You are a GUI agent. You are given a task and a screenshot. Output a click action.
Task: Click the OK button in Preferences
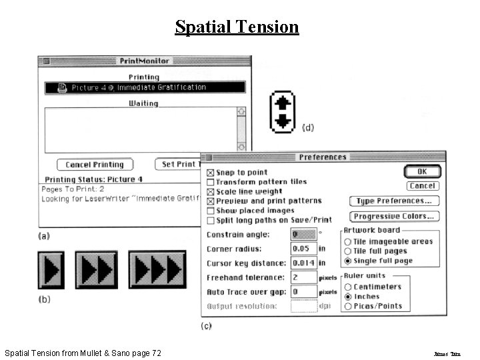tap(423, 172)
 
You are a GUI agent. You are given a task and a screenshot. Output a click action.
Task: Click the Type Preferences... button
tap(394, 201)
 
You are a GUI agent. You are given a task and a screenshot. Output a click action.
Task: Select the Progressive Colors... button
tap(394, 216)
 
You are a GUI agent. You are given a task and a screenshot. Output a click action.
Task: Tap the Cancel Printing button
tap(95, 165)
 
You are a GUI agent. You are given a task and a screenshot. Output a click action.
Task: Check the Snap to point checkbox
tap(211, 173)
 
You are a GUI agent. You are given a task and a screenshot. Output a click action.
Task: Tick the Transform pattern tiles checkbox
tap(211, 182)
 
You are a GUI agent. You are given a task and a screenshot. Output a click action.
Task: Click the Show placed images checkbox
tap(211, 211)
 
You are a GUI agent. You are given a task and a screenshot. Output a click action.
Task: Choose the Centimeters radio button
tap(348, 287)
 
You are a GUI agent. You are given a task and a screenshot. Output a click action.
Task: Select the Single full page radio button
tap(348, 261)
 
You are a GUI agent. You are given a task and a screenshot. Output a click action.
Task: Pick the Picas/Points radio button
tap(348, 306)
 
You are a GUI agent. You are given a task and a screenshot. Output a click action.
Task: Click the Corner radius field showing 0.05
tap(304, 249)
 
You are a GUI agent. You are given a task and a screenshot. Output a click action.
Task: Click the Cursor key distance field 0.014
tap(304, 263)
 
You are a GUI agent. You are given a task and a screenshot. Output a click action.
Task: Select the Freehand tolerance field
tap(304, 277)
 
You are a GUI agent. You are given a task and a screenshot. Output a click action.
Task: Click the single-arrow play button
tap(51, 269)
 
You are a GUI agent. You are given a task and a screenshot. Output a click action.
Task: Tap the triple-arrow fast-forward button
tap(156, 269)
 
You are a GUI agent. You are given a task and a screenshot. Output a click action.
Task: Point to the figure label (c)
tap(206, 325)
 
